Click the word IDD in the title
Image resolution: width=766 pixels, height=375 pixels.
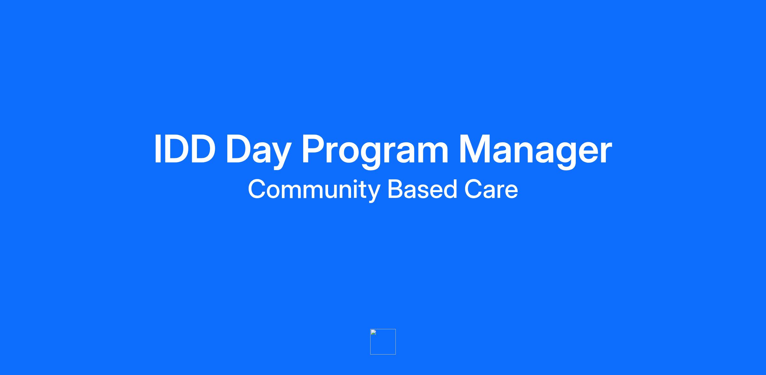point(185,149)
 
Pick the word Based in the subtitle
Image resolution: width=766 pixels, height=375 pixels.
point(422,189)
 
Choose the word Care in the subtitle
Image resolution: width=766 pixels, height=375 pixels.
point(491,189)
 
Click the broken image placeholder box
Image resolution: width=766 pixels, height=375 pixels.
point(383,342)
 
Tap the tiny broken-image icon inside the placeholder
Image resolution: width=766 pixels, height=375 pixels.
point(373,332)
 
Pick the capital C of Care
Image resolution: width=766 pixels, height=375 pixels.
point(474,189)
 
